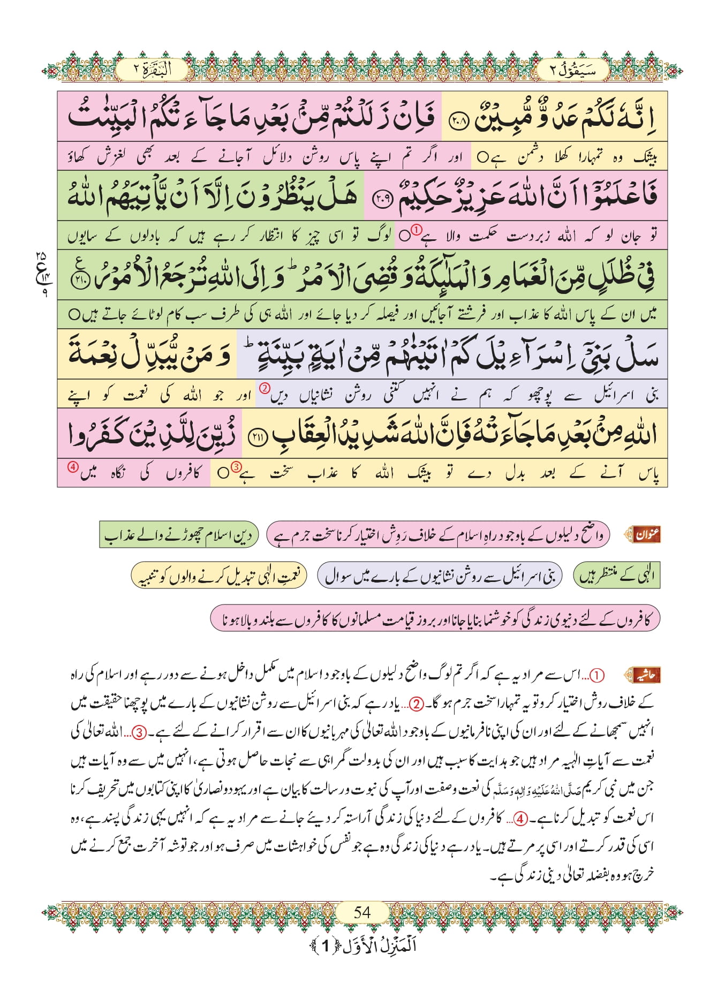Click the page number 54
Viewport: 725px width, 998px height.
coord(362,911)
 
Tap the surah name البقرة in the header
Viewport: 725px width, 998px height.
coord(152,70)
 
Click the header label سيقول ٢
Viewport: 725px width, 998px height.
coord(573,70)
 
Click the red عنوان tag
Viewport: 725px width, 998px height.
coord(647,534)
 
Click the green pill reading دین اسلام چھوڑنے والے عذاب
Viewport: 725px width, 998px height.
coord(179,535)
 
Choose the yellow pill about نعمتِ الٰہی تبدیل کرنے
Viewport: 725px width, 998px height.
coord(219,576)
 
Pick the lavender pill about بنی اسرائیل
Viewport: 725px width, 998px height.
coord(440,576)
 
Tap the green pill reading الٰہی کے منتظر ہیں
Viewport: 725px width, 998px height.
coord(616,576)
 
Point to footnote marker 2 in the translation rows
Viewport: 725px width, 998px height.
coord(264,388)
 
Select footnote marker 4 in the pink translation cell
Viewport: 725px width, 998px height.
coord(73,466)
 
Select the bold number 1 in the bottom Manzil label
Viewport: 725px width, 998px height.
coord(325,946)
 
